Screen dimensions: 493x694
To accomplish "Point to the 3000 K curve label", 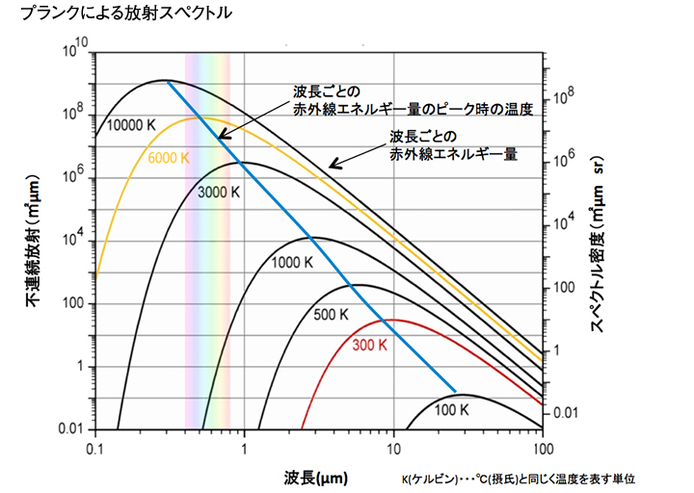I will click(x=217, y=192).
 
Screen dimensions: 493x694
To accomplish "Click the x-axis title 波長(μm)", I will click(x=316, y=478).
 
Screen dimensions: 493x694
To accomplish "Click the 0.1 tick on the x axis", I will click(x=94, y=450).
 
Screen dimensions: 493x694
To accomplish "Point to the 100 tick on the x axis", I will click(x=542, y=450).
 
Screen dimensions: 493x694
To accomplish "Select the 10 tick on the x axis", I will click(x=393, y=450).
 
